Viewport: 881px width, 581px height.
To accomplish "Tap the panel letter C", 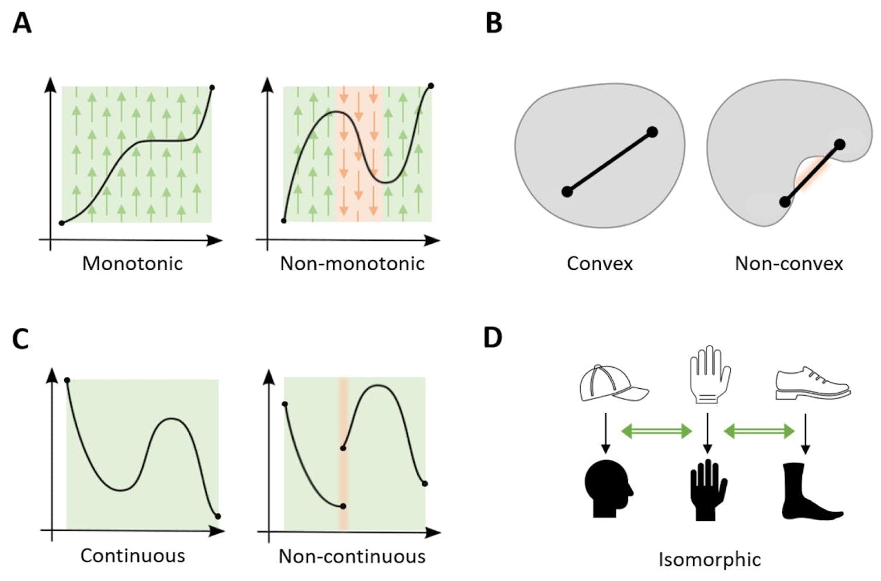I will point(20,339).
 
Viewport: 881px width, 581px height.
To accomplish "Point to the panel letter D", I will point(493,338).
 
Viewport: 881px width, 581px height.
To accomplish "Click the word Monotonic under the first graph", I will point(133,264).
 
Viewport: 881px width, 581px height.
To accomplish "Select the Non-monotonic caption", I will point(352,264).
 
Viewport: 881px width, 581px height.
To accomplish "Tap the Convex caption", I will point(599,264).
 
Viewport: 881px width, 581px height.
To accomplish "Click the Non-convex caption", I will point(789,264).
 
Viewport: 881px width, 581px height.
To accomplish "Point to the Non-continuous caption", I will point(352,556).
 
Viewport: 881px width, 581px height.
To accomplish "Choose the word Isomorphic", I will point(709,559).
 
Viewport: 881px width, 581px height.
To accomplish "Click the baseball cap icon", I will point(613,383).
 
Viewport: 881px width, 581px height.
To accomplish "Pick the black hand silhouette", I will point(708,490).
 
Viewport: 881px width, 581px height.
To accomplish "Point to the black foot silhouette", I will point(809,491).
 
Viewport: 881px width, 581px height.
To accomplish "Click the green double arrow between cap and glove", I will point(656,431).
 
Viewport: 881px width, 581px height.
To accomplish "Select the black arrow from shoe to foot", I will point(806,434).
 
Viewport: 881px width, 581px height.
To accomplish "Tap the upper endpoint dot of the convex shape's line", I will point(653,132).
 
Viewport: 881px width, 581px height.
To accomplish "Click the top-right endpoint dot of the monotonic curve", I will point(212,88).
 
